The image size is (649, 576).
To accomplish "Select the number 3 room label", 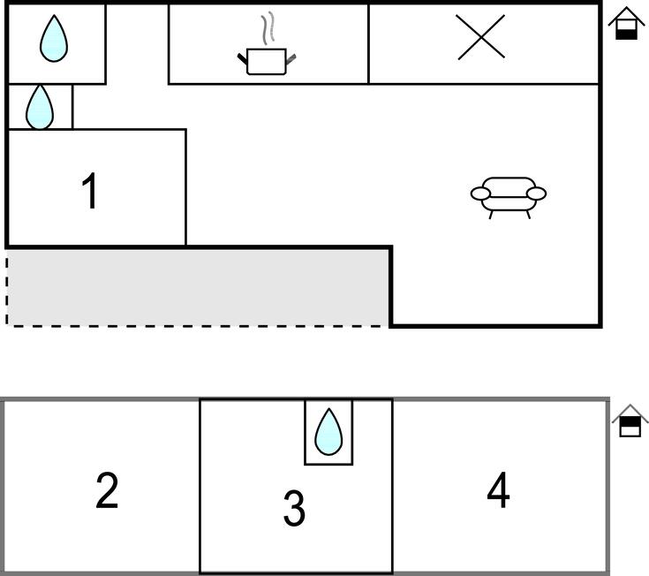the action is pos(294,508).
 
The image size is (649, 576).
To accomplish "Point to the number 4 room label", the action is pos(498,490).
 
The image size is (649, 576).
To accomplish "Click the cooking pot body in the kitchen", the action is pos(267,62).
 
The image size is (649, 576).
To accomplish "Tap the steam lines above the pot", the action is pos(268,28).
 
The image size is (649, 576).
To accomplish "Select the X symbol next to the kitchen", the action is pos(480,37).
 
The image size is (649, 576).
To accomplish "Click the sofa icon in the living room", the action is pos(509,198).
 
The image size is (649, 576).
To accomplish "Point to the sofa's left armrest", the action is pos(480,193).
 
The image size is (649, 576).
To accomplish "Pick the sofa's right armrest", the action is pos(537,193).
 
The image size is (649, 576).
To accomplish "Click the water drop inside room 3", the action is pos(328,432).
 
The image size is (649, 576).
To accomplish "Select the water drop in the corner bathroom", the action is pos(54,39).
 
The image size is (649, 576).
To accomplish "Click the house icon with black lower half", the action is pos(626,23).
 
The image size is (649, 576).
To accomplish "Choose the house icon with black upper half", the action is pos(630,421).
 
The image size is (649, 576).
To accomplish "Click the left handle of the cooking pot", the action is pos(243,59).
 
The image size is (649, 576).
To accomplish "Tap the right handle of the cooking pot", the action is pos(291,59).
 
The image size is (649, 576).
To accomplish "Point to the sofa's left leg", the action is pos(491,215).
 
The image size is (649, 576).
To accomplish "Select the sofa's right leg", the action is pos(528,215).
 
